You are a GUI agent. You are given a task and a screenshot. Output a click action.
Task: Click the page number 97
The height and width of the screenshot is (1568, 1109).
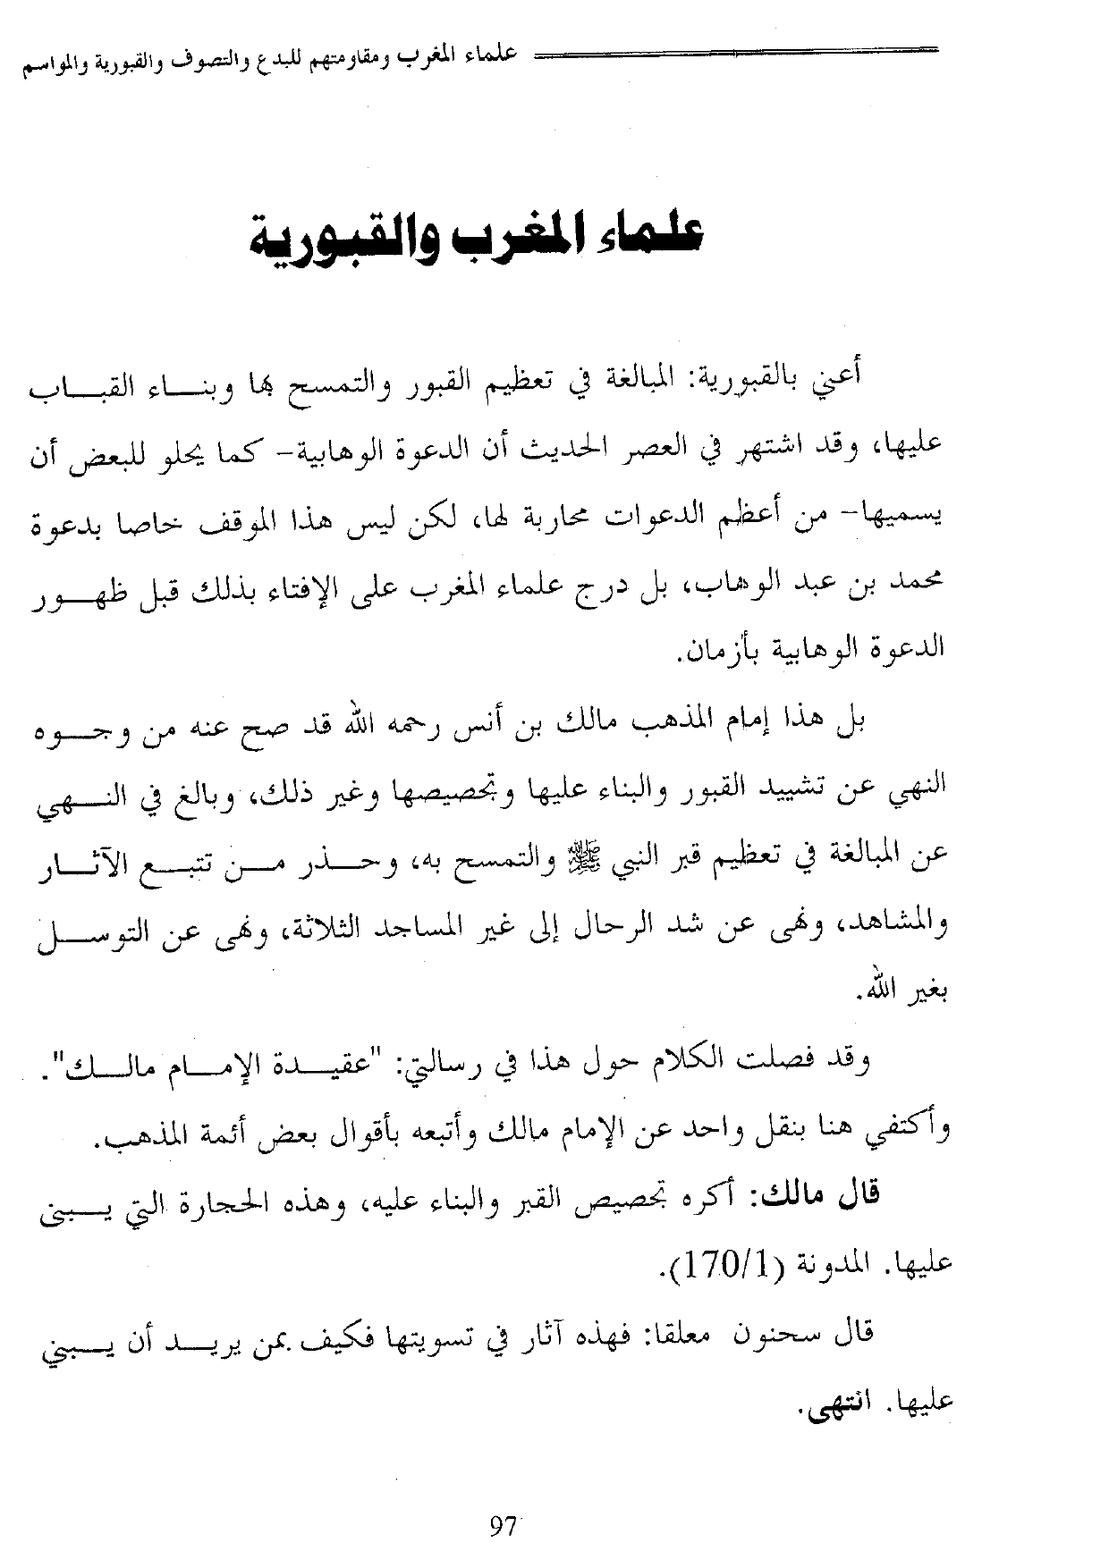coord(504,1526)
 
